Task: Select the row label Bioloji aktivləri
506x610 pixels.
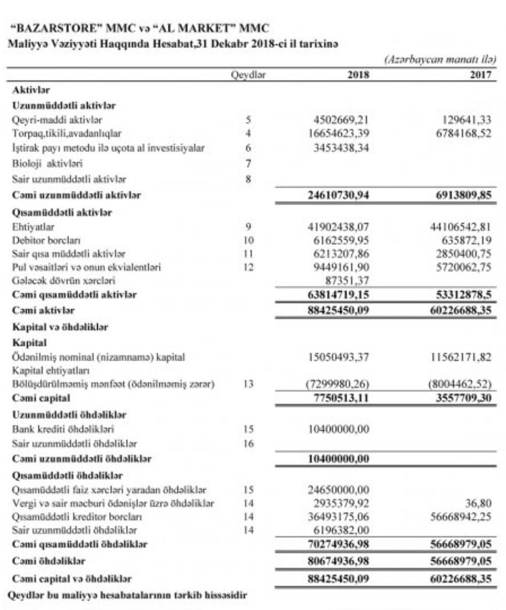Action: pos(48,163)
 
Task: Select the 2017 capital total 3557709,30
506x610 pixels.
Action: pos(461,399)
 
